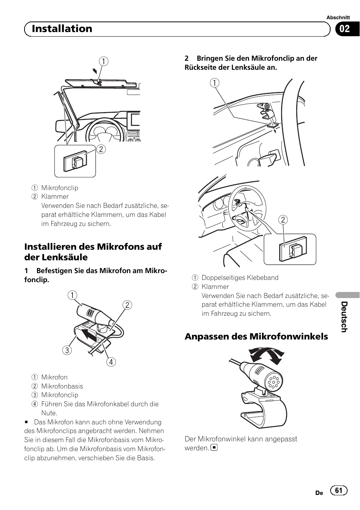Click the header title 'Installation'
[x=62, y=29]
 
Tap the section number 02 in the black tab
[x=345, y=29]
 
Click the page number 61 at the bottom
[x=338, y=490]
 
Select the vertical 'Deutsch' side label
[x=344, y=317]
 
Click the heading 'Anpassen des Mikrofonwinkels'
[x=256, y=336]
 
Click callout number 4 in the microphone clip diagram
[x=111, y=362]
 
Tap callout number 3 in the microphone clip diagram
[x=67, y=350]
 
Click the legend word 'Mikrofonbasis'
[x=62, y=386]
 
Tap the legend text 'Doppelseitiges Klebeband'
[x=240, y=278]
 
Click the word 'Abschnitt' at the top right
[x=338, y=17]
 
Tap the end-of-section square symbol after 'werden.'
[x=214, y=448]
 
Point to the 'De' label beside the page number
[x=319, y=493]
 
